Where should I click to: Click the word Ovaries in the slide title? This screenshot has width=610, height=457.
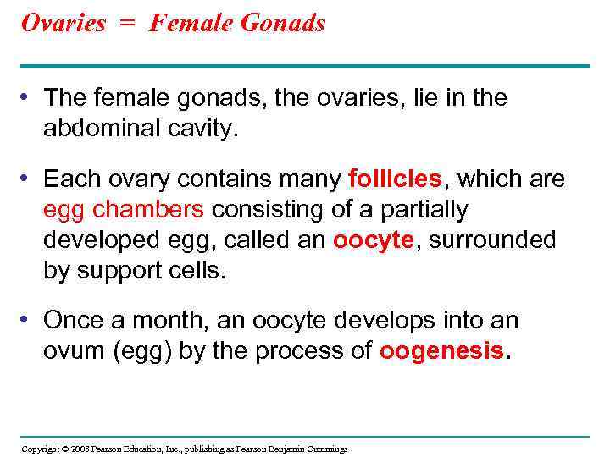[63, 23]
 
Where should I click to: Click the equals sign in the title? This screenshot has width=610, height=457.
[127, 24]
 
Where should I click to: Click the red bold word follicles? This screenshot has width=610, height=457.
[395, 179]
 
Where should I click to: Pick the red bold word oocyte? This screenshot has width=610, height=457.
[373, 240]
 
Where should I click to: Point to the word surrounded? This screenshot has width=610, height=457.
[493, 240]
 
